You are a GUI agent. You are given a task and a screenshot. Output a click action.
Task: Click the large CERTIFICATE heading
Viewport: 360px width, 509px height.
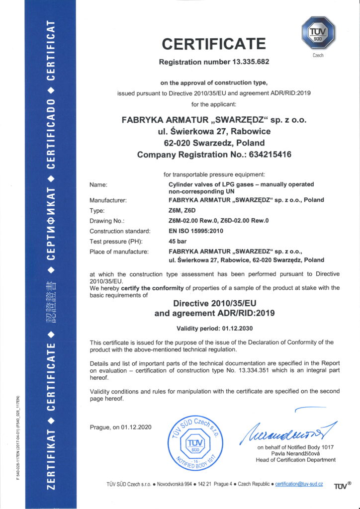tap(213, 44)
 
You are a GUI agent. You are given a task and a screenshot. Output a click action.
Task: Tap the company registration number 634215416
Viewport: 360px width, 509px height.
tap(266, 155)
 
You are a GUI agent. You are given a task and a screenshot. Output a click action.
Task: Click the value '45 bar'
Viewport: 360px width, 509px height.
tap(178, 242)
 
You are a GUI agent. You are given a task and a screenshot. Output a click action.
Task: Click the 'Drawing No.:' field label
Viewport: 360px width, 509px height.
tap(106, 221)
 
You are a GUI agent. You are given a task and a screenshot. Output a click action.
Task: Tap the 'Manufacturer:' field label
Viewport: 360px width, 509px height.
tap(108, 200)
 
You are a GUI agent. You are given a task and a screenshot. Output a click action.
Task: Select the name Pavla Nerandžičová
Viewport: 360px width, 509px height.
tap(295, 453)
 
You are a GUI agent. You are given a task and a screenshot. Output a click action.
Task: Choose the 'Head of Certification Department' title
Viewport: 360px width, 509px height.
tap(295, 460)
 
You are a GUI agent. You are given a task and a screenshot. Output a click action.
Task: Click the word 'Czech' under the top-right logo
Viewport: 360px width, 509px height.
tap(318, 56)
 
